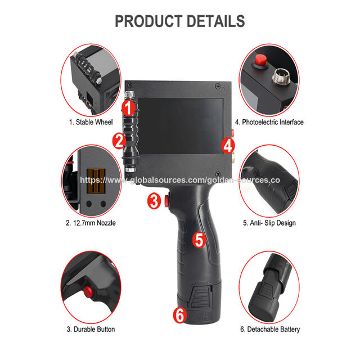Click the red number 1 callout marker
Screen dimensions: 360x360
128,107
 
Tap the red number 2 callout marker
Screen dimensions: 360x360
119,141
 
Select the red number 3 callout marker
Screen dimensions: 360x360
154,201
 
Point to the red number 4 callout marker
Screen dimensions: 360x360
228,145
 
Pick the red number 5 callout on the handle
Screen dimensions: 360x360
199,240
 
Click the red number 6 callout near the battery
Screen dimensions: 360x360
180,315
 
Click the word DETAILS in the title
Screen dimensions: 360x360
216,21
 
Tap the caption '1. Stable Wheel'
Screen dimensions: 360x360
91,122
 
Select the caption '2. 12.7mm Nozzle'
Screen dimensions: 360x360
91,223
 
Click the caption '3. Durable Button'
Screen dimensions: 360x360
91,329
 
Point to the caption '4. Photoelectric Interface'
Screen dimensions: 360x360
269,122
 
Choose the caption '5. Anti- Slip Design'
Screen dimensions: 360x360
269,223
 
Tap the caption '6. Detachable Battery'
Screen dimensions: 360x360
270,329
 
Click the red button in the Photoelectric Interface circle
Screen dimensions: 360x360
260,60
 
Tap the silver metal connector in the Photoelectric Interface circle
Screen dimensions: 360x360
281,76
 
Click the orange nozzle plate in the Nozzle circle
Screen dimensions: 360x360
96,181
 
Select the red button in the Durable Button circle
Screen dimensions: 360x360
88,292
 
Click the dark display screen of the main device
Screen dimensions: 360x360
180,127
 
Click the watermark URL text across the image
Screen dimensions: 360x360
180,180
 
